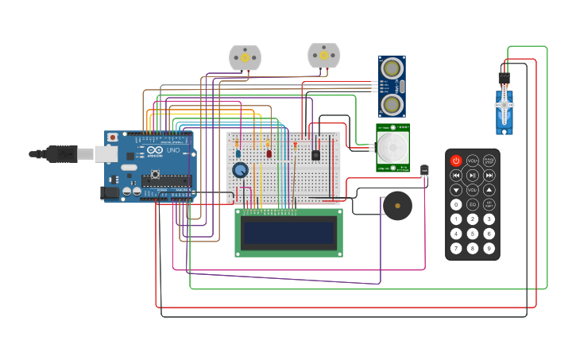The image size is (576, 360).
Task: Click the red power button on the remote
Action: [x=456, y=161]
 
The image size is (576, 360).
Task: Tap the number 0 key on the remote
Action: [x=456, y=204]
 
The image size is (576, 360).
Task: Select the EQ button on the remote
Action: [x=473, y=204]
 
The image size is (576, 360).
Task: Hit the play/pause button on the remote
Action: [x=473, y=175]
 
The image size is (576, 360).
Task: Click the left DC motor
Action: [x=245, y=57]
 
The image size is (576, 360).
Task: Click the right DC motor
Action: [x=323, y=55]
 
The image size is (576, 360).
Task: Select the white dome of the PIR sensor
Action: [x=392, y=147]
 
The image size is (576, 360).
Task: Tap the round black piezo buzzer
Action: [x=397, y=206]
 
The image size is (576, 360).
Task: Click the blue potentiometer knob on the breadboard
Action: [x=240, y=169]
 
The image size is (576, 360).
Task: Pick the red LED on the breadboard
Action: [x=269, y=153]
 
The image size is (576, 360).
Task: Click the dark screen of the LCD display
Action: [x=289, y=233]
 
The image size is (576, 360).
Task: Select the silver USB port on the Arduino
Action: [x=106, y=153]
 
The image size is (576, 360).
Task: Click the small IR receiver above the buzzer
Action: [x=424, y=169]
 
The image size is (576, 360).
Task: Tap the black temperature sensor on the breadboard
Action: [x=315, y=155]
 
